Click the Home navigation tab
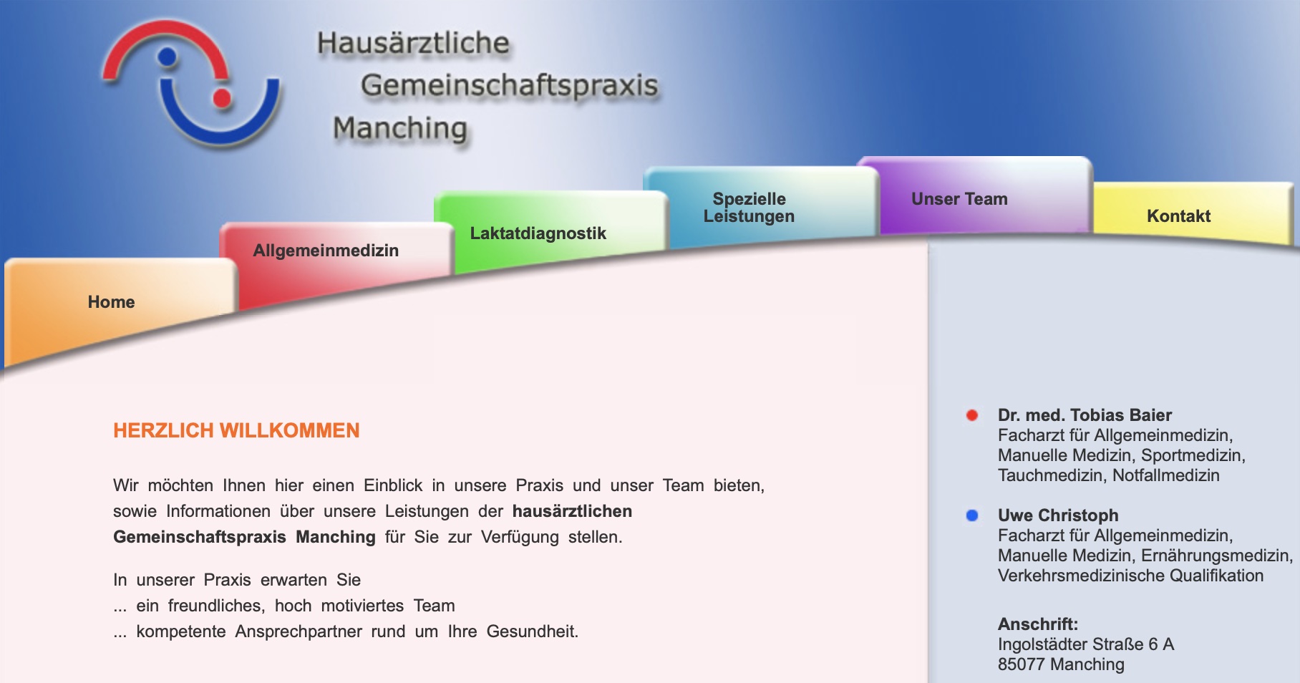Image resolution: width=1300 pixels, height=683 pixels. pos(112,302)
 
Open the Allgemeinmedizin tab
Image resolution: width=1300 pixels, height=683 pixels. pos(326,251)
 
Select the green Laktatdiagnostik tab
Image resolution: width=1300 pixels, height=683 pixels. pos(538,233)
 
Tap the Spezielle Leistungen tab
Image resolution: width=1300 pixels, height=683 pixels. pos(749,208)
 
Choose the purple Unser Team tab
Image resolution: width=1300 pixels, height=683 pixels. pos(959,199)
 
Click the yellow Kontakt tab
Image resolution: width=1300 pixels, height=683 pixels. pos(1178,216)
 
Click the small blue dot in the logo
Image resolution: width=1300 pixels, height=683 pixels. pos(167,56)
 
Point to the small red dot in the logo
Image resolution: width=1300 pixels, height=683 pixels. pos(222,98)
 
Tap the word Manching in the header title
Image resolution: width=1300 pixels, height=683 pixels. pos(399,129)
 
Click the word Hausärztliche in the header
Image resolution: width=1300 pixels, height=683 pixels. pos(413,43)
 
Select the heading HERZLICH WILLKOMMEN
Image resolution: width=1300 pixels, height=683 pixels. pos(236,430)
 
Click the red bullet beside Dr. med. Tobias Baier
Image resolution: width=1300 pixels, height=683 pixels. pos(972,415)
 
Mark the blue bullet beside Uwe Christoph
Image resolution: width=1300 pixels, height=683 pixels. pos(972,515)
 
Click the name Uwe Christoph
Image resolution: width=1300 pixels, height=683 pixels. pos(1057,515)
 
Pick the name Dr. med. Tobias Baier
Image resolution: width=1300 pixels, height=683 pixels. pos(1085,415)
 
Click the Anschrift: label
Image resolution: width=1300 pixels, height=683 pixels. pos(1037,624)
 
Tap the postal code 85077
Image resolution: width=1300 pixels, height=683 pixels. pos(1021,664)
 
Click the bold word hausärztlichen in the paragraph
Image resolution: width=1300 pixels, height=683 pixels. pos(572,511)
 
